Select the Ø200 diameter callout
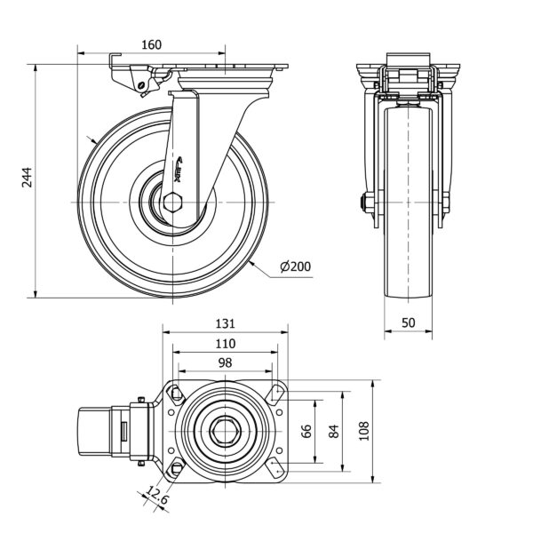coord(295,266)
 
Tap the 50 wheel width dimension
coord(409,323)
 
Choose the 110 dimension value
coord(225,343)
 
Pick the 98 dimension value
coord(225,362)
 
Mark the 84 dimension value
coord(335,432)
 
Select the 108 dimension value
coord(362,432)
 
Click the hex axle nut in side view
coord(171,203)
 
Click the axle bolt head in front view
coord(365,203)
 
